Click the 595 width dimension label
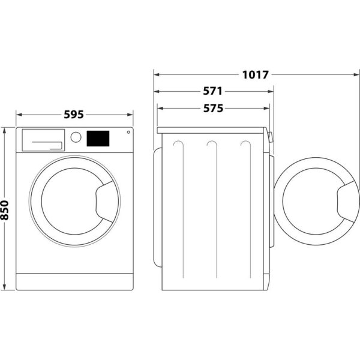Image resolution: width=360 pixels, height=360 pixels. click(74, 114)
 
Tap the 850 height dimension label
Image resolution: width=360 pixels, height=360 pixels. click(5, 209)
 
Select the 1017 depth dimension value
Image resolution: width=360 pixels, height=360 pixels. click(256, 75)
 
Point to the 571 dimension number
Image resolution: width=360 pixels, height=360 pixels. click(212, 92)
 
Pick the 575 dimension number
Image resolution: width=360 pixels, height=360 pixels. click(212, 109)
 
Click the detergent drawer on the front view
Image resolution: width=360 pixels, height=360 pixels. click(43, 139)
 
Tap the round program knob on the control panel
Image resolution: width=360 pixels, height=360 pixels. click(76, 137)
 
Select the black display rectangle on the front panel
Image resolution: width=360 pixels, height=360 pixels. click(98, 139)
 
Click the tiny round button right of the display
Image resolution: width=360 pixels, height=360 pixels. click(127, 134)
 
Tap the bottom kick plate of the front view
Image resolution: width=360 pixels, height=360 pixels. click(74, 281)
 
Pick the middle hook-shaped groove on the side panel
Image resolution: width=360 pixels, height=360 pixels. click(211, 149)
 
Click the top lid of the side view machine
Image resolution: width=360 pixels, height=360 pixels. click(211, 130)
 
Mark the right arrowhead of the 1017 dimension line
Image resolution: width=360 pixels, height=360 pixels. click(358, 75)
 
